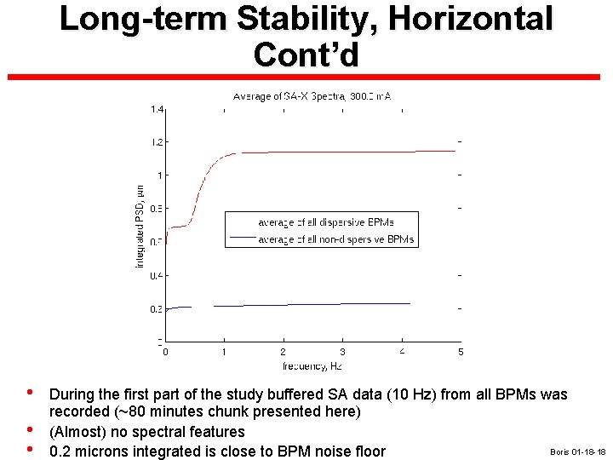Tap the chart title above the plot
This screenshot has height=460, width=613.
click(x=312, y=96)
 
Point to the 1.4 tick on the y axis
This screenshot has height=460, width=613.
click(x=158, y=109)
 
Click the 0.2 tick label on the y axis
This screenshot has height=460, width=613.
click(x=158, y=309)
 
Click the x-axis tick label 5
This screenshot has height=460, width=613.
click(x=461, y=351)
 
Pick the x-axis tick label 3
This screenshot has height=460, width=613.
click(x=342, y=351)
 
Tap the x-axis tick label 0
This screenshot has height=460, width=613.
click(x=165, y=351)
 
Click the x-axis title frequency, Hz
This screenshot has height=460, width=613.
click(x=312, y=365)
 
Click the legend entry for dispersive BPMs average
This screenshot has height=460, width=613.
click(x=326, y=222)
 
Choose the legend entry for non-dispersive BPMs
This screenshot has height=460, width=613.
click(x=335, y=239)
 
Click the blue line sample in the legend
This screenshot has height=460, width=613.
click(x=242, y=238)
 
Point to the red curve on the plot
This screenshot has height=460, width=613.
click(x=341, y=152)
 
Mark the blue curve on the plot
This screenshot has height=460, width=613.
click(x=341, y=304)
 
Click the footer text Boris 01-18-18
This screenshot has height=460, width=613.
click(x=577, y=451)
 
